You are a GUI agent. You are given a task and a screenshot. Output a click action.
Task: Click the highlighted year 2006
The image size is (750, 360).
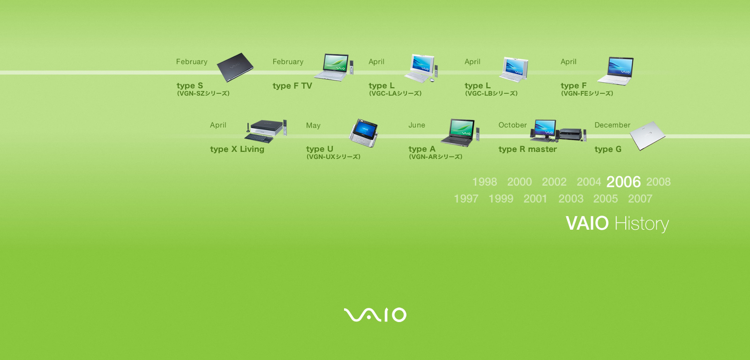[x=623, y=182]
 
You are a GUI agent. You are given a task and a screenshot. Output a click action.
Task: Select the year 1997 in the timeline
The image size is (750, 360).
[x=466, y=199]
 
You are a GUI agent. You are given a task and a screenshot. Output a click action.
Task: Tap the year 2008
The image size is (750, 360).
[x=658, y=181]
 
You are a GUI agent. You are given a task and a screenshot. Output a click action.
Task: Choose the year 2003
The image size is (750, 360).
[x=571, y=199]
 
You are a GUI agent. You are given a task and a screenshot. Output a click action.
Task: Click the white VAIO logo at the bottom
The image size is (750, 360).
[x=375, y=315]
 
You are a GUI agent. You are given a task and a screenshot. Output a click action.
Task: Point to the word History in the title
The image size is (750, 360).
[x=642, y=224]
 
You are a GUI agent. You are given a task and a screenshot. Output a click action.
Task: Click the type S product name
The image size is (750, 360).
[x=190, y=86]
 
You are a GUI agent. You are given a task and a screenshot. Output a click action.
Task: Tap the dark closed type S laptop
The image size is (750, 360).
[x=235, y=67]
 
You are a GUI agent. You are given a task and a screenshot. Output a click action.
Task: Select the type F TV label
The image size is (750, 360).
[x=292, y=86]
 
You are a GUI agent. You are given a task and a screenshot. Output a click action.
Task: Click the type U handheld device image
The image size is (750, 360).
[x=364, y=133]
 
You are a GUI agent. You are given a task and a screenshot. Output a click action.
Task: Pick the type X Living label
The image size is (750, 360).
[x=237, y=150]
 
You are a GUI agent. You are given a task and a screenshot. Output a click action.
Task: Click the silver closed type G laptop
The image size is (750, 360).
[x=647, y=135]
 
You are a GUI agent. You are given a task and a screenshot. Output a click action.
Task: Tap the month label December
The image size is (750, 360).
[x=612, y=125]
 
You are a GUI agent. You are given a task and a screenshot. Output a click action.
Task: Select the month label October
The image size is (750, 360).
[x=513, y=125]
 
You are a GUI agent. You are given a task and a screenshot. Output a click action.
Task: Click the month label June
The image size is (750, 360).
[x=417, y=125]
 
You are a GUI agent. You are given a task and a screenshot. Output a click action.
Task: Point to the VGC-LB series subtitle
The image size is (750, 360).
[x=491, y=93]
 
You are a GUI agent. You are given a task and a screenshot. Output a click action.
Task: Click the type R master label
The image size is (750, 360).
[x=528, y=150]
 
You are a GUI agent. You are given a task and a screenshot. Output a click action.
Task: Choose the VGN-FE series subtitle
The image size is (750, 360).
[x=587, y=93]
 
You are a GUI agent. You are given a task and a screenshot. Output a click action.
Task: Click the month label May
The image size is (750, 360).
[x=314, y=126]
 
